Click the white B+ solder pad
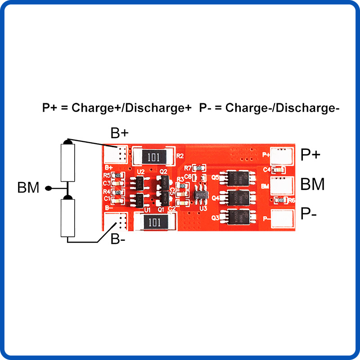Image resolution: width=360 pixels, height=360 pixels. point(116,154)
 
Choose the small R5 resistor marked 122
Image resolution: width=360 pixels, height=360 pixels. point(117,175)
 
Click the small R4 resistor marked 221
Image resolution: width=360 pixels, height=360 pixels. point(117,192)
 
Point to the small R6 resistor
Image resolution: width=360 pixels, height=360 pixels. point(280,200)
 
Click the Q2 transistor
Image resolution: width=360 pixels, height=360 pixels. point(163,182)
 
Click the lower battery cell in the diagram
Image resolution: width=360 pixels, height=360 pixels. point(67,218)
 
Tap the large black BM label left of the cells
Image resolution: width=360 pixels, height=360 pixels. point(28,188)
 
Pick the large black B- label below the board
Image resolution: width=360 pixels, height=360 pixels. point(118,239)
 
